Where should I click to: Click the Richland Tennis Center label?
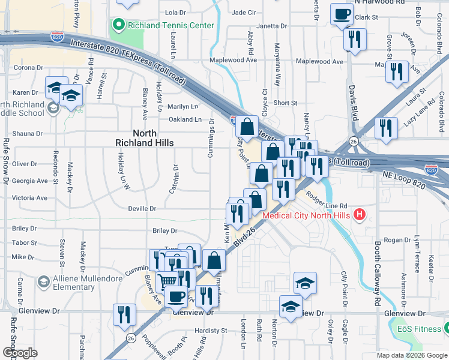170,25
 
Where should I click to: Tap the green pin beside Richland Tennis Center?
118,25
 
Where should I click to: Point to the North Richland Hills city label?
145,138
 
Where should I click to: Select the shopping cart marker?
167,281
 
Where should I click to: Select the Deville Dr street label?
142,209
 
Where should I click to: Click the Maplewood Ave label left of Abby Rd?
233,61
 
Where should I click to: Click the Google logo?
20,353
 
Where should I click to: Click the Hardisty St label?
211,330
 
